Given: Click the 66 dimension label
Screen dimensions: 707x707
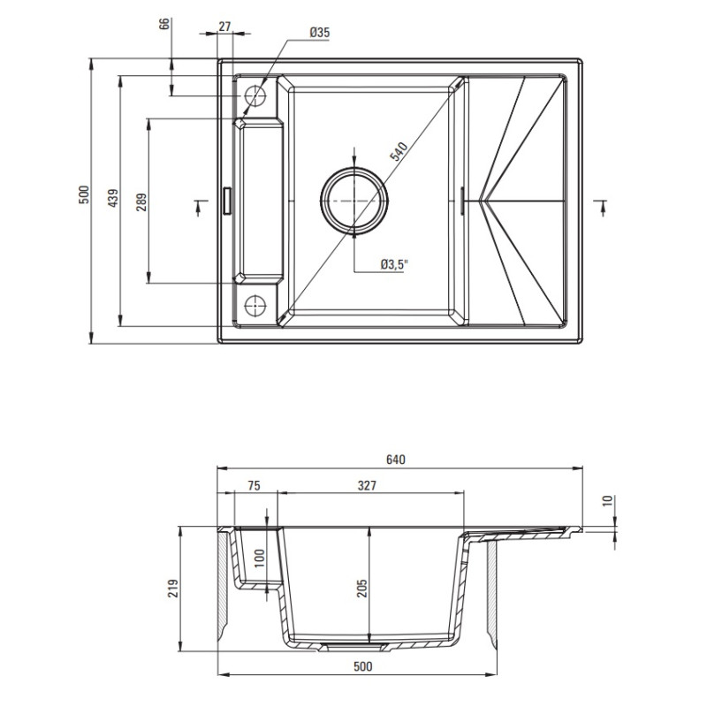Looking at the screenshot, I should click(x=164, y=25).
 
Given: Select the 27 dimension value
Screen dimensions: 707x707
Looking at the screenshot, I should click(x=224, y=27).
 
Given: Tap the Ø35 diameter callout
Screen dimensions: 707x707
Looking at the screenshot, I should click(x=319, y=33).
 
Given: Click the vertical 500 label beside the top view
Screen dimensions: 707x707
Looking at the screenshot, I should click(x=83, y=195).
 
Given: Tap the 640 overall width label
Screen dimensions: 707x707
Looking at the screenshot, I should click(x=394, y=460).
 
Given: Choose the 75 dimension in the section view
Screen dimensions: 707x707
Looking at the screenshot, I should click(x=253, y=485).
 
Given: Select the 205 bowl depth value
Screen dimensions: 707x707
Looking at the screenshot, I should click(x=362, y=588).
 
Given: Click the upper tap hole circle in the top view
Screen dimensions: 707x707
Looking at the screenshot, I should click(x=255, y=95).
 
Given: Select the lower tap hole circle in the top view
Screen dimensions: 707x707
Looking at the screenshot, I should click(x=255, y=305).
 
